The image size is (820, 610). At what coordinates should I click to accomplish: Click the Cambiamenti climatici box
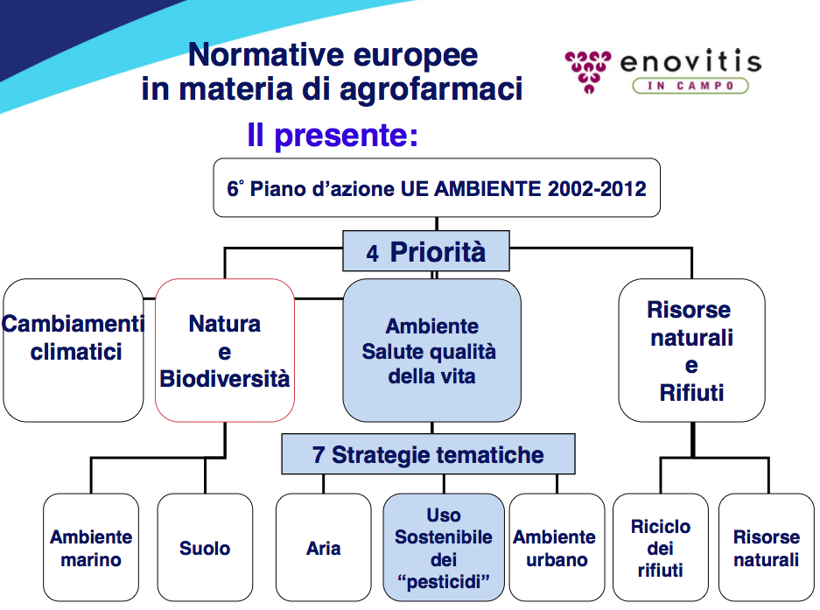point(74,350)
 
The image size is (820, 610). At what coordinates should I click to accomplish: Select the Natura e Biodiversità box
point(225,350)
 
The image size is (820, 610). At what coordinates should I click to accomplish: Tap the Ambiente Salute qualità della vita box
point(432,350)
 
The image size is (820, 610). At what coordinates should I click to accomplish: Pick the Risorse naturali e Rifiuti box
point(691,350)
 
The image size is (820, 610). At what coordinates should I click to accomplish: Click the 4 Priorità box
point(426,251)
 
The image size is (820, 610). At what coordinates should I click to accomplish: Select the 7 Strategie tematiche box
point(428,454)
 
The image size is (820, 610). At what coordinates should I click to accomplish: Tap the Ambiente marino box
point(91,547)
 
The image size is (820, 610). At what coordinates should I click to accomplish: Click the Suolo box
point(205,547)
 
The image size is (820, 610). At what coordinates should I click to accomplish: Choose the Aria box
point(324,547)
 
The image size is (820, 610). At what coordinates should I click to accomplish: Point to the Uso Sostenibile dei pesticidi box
point(444,547)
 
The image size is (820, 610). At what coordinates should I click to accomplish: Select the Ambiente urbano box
point(557,547)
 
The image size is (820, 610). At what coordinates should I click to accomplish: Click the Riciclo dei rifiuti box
point(661,547)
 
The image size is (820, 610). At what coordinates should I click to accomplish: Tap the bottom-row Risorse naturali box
point(767,547)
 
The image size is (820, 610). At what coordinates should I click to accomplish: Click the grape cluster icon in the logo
point(588,72)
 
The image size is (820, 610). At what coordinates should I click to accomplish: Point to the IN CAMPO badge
point(690,86)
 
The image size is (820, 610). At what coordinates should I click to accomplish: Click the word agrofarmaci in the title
point(431,89)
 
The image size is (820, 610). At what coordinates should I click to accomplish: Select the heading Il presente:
point(333,136)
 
